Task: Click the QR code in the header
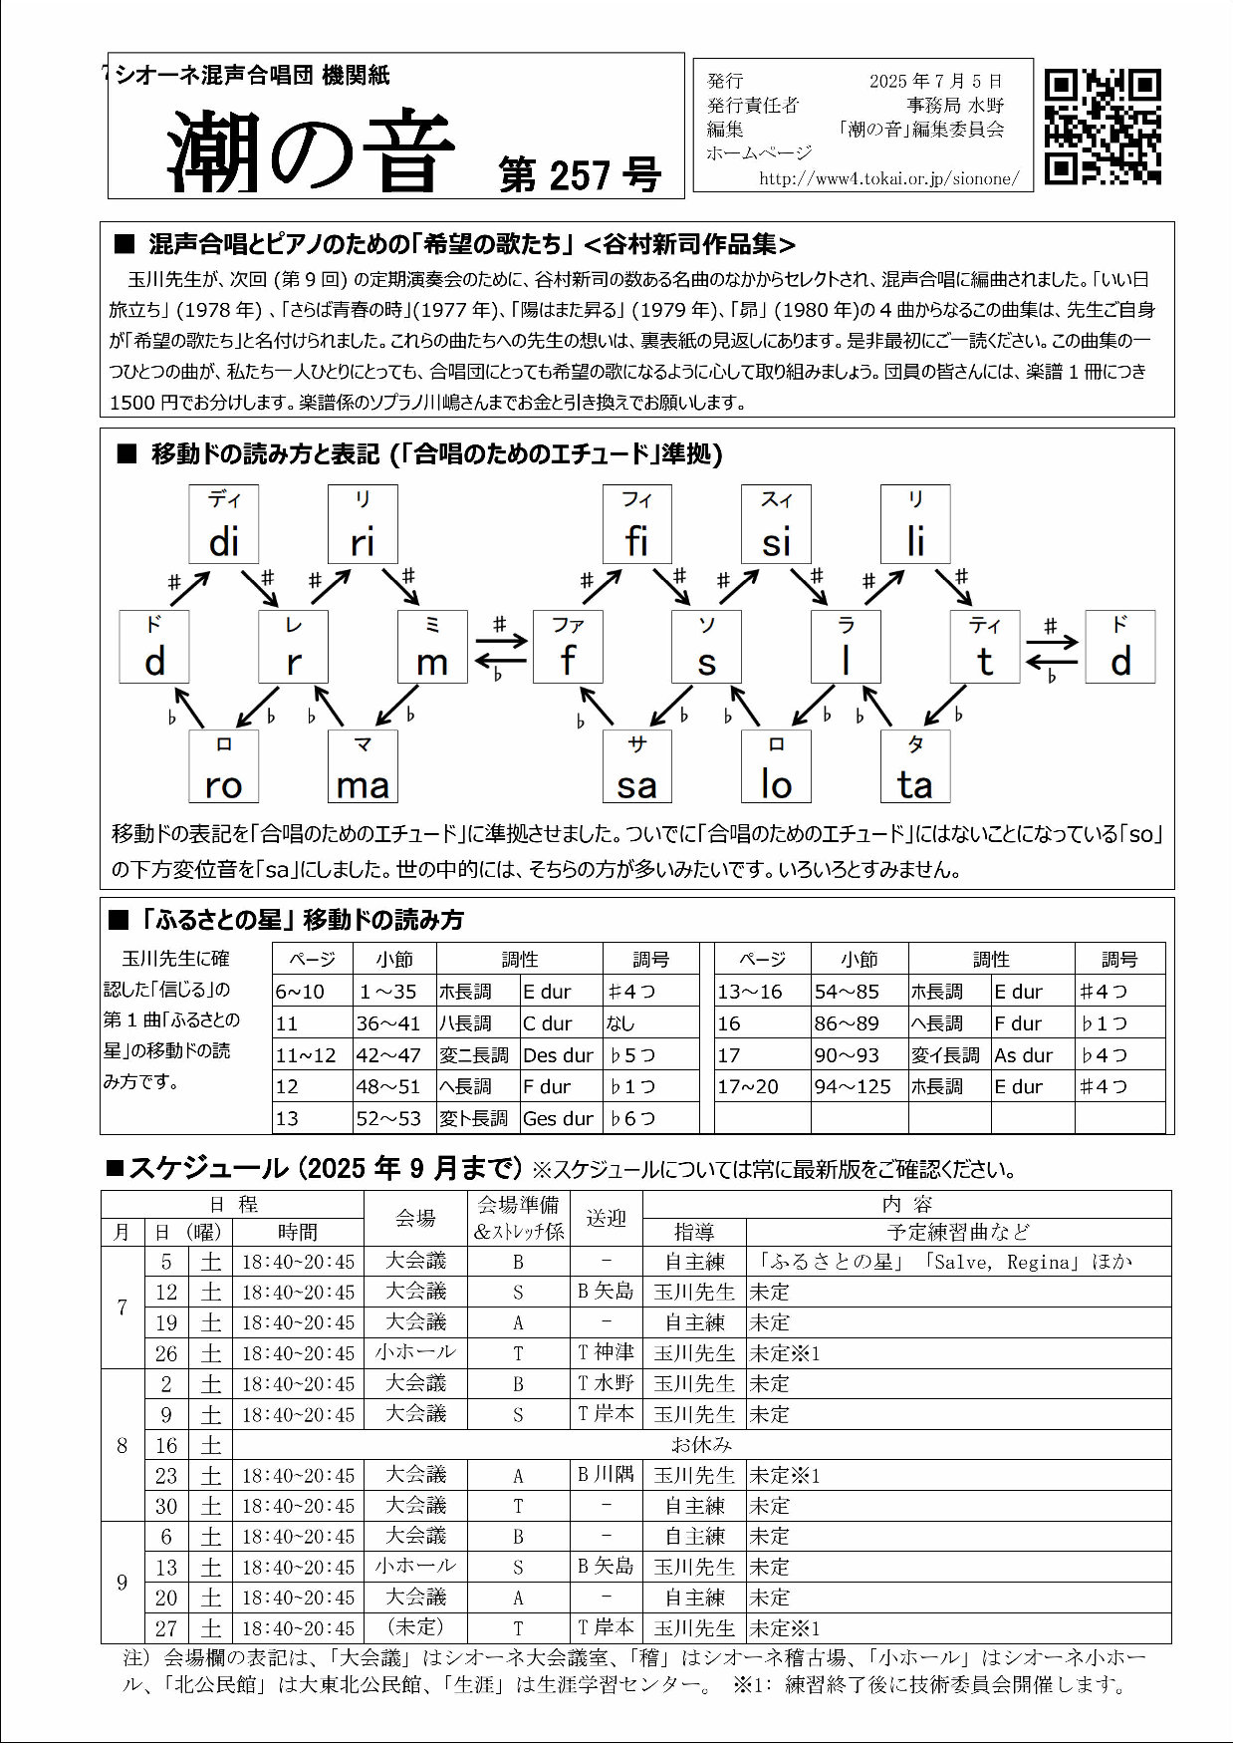point(1103,127)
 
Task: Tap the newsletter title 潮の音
point(310,152)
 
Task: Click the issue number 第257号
point(580,175)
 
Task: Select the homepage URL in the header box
point(888,178)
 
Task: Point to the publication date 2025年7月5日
point(935,81)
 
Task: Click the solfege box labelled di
point(224,524)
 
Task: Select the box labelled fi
point(636,524)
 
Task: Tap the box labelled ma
point(363,767)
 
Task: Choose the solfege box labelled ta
point(914,767)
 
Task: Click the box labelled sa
point(636,767)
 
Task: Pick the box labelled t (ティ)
point(984,647)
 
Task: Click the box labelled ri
point(363,524)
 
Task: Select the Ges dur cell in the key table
point(559,1118)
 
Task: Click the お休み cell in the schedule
point(701,1444)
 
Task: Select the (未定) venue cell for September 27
point(415,1627)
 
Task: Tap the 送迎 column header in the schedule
point(606,1218)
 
